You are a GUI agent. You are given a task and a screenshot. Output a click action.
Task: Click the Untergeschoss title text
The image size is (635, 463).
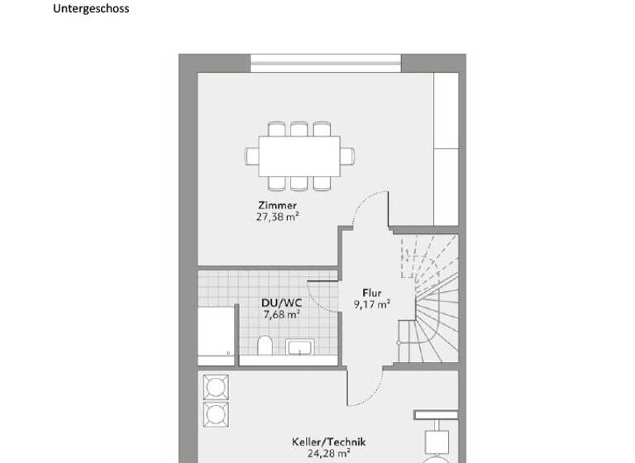(x=91, y=9)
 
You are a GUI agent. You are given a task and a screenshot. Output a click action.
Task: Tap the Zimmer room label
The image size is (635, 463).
(x=276, y=206)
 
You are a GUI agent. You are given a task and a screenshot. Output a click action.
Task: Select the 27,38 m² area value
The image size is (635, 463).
(x=276, y=217)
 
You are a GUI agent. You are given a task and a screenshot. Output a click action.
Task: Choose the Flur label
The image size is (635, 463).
(x=370, y=292)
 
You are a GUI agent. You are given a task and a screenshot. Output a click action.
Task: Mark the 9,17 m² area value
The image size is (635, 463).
(x=370, y=303)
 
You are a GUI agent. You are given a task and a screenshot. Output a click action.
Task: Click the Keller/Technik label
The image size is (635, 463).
(x=328, y=442)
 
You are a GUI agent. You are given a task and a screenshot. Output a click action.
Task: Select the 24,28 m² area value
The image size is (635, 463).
(x=328, y=453)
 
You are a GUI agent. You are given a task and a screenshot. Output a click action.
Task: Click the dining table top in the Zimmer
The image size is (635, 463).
(x=298, y=155)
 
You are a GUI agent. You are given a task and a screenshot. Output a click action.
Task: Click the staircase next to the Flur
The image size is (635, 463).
(x=427, y=302)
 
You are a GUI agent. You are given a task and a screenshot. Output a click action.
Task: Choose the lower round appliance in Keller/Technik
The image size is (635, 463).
(x=216, y=413)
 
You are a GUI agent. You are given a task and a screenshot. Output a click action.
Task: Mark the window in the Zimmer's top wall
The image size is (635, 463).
(x=326, y=58)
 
